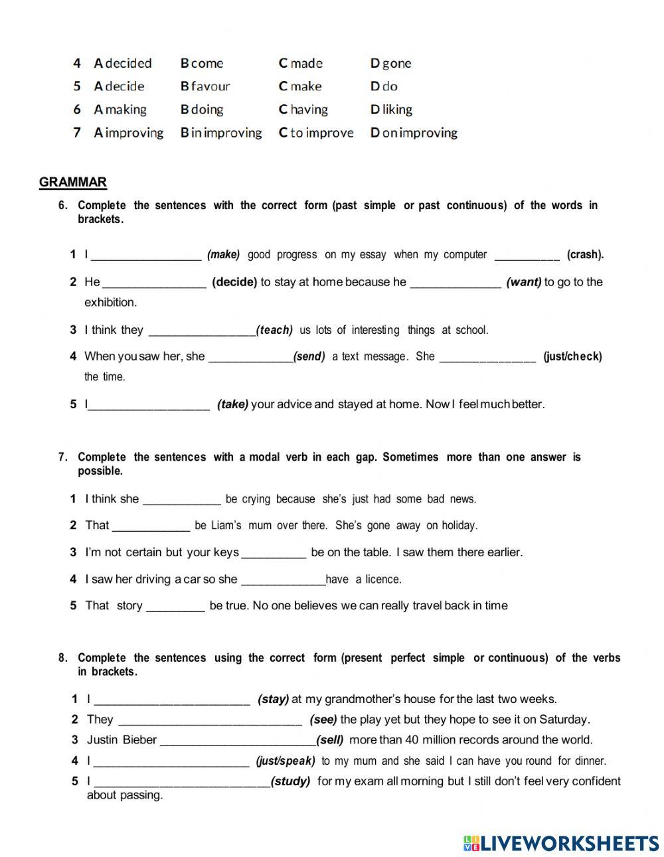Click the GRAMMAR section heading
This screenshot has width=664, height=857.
click(73, 183)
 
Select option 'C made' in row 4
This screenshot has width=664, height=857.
click(300, 64)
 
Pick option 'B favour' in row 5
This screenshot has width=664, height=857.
click(205, 86)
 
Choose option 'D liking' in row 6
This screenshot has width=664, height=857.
click(391, 110)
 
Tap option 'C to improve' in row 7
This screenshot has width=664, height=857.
click(316, 133)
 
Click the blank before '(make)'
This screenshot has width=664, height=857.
click(146, 255)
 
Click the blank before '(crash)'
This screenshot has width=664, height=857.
click(527, 255)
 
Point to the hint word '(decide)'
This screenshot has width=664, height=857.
click(234, 282)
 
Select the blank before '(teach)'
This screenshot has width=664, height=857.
click(202, 331)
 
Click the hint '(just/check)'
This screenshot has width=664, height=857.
click(572, 356)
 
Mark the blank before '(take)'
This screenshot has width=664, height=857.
click(149, 405)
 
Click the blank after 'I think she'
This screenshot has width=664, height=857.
click(181, 499)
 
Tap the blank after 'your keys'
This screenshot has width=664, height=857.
click(274, 553)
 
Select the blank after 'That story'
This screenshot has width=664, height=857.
click(175, 606)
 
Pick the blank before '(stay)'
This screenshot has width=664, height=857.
click(172, 700)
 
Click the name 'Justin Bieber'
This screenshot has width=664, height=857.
click(122, 740)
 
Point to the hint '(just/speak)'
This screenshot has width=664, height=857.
click(286, 761)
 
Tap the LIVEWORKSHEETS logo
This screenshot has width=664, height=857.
click(561, 843)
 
